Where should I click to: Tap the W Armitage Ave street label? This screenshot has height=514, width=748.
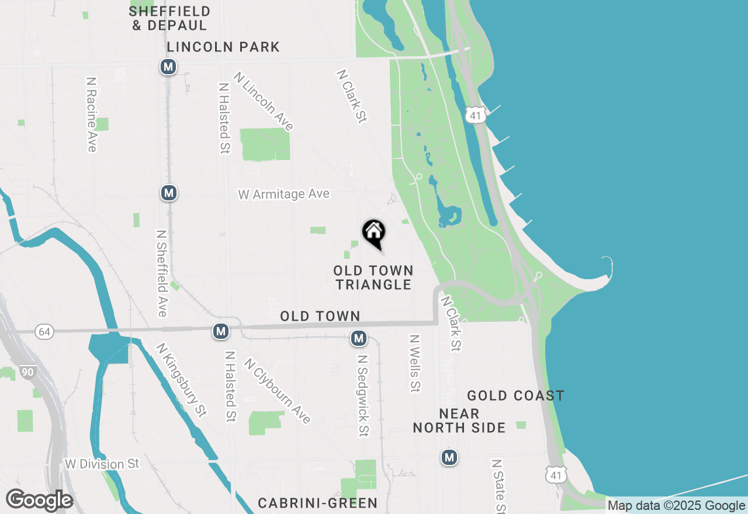point(284,195)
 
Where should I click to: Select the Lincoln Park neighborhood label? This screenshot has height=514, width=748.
point(223,47)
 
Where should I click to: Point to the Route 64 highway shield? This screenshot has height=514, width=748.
point(44,332)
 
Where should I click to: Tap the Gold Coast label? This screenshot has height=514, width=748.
point(515,396)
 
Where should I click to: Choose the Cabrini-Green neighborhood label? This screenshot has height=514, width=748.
point(317,503)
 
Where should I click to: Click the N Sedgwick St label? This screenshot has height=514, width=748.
point(363,395)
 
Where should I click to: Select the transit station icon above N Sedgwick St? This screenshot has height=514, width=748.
point(359,338)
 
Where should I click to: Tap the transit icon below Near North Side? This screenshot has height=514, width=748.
point(449,457)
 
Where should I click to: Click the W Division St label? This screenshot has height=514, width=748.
point(102,464)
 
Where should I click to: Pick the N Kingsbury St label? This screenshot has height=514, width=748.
point(181,380)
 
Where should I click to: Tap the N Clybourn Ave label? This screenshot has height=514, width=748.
point(277,390)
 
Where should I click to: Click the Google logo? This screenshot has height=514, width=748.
point(39,501)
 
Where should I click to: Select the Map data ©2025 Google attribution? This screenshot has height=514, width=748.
point(676,506)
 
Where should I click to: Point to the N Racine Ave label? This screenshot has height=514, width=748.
point(91,114)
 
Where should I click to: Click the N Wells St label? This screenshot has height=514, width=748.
point(415,363)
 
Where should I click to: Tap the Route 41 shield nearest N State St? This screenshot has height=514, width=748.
point(556,475)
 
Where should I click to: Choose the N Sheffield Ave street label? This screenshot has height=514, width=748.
point(162,273)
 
